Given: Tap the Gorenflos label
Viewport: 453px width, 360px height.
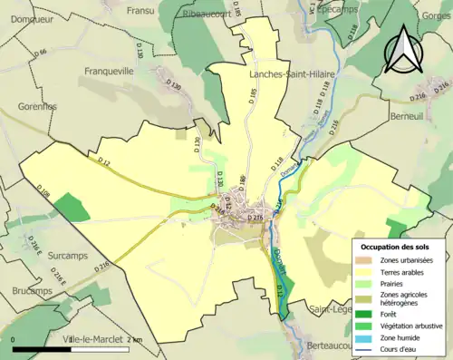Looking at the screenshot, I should point(36,106).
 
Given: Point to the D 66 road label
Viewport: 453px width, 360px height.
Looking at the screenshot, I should point(40,54).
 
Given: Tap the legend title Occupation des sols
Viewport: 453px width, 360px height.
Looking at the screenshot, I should point(397,247).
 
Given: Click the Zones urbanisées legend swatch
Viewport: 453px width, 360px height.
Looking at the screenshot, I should point(364,260).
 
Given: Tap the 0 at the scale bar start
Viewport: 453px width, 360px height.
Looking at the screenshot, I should point(14,340).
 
